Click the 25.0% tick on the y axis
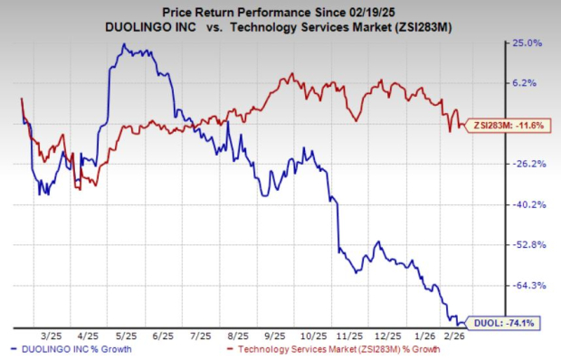528,42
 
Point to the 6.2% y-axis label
526,82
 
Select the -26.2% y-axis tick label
527,164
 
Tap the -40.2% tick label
527,204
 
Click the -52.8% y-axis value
527,244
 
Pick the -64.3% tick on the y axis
527,285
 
